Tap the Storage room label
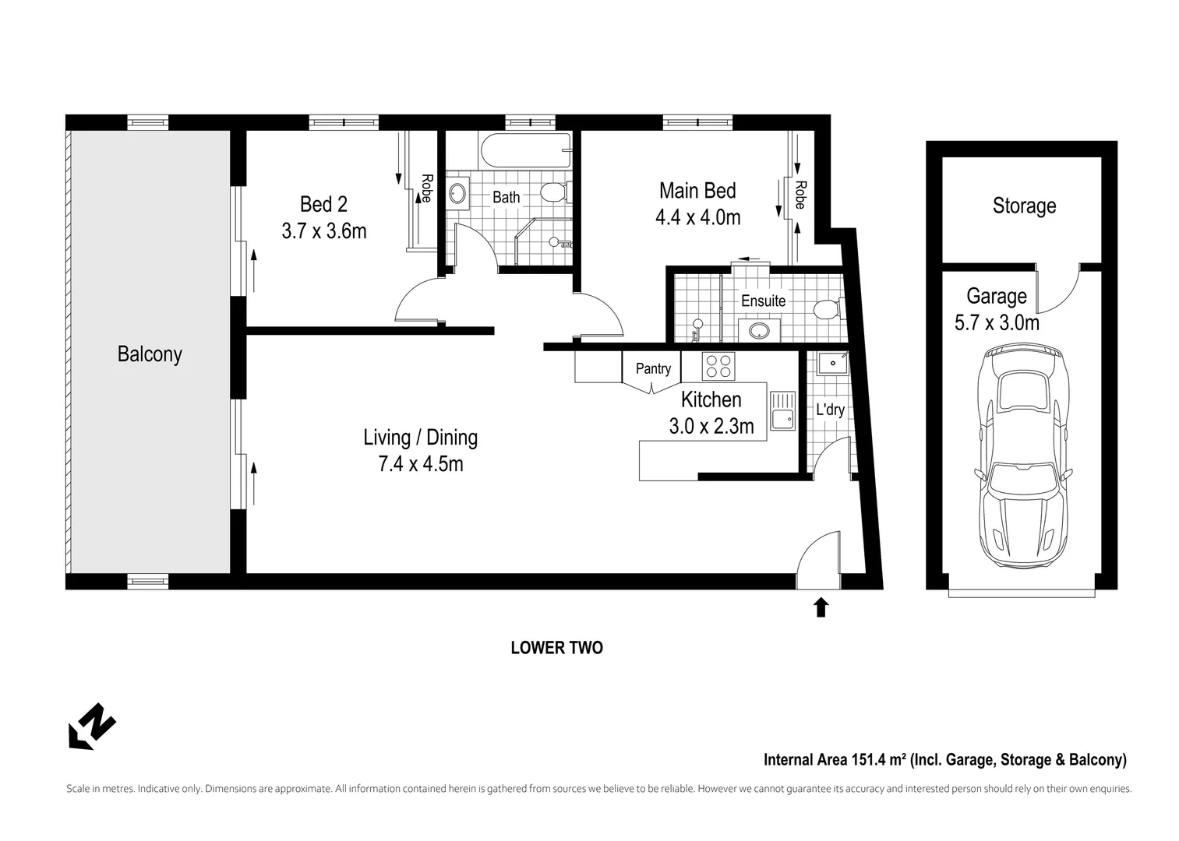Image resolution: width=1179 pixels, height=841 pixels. click(1024, 206)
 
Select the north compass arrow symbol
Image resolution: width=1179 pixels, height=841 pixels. click(92, 727)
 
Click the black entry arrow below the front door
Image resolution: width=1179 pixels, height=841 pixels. click(821, 607)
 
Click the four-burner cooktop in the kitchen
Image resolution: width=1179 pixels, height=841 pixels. click(718, 366)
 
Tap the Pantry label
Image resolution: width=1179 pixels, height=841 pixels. click(653, 368)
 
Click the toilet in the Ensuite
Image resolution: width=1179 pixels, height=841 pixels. click(826, 311)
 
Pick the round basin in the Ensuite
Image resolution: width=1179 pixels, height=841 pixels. click(756, 330)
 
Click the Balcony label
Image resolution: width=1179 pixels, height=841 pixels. click(150, 354)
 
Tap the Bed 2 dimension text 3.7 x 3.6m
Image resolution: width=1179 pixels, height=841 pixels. click(323, 231)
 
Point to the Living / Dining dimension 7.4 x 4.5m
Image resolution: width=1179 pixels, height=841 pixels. click(420, 464)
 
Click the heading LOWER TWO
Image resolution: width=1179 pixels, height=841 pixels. click(556, 648)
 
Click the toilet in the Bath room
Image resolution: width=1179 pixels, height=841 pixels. click(556, 191)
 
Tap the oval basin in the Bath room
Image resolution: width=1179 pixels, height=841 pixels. click(458, 192)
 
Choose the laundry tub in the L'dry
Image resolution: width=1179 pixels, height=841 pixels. click(831, 363)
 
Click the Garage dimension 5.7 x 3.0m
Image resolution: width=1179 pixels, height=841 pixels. click(997, 322)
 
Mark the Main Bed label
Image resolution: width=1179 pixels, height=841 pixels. click(697, 191)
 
